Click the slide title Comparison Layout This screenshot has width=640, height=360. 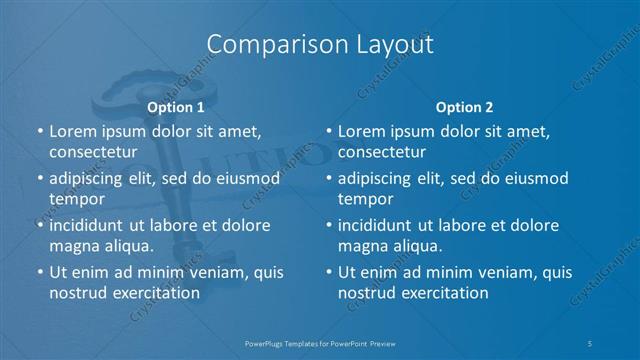[x=320, y=45]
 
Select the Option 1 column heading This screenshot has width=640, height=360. [x=175, y=107]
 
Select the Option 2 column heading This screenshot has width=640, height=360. [x=464, y=107]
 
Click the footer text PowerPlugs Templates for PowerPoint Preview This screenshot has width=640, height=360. [x=320, y=342]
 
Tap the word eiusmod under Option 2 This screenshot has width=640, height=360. [x=534, y=178]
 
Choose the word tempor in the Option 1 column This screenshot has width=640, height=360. [x=76, y=198]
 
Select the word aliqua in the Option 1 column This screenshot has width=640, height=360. [x=127, y=245]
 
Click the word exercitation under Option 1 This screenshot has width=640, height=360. [x=154, y=292]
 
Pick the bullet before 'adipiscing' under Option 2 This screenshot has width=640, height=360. [x=328, y=179]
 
